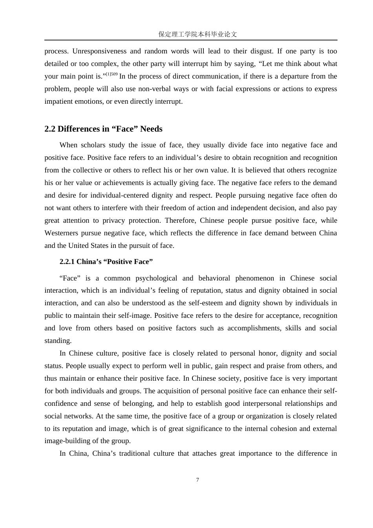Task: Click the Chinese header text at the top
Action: click(x=197, y=34)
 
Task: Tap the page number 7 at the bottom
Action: click(x=197, y=480)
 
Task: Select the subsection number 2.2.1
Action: click(x=67, y=262)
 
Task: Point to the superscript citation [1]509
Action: click(x=112, y=74)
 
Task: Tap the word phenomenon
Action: click(x=255, y=278)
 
